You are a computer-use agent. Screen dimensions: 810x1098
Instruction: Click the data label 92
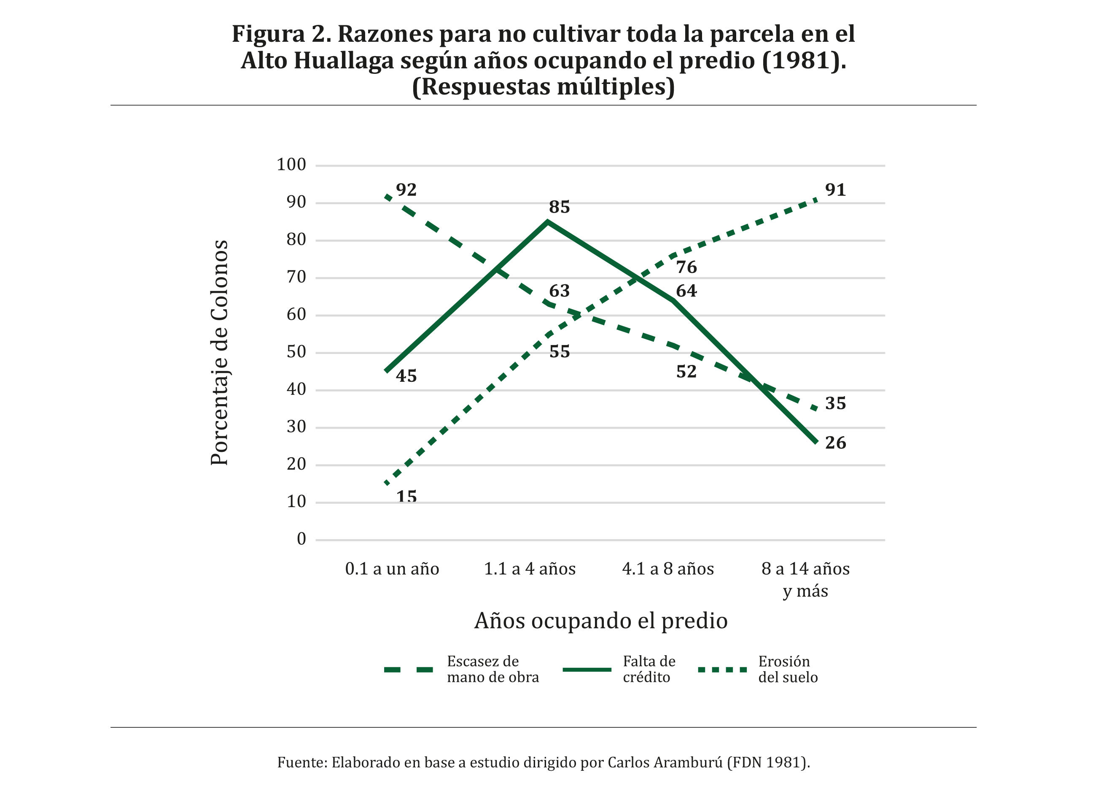[406, 190]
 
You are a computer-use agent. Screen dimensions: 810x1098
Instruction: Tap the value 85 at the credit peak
[559, 208]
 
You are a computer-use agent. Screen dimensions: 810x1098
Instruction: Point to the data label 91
[835, 190]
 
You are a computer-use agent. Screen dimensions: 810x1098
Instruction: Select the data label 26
[835, 443]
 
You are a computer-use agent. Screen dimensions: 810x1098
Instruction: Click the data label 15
[406, 497]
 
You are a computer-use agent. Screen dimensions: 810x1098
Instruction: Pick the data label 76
[686, 267]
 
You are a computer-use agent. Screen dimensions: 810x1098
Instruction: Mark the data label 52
[686, 372]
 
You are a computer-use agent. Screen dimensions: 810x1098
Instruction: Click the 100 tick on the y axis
[291, 165]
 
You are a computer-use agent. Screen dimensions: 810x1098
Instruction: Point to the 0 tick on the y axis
[301, 539]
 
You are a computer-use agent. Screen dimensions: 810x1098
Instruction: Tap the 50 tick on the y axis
[296, 352]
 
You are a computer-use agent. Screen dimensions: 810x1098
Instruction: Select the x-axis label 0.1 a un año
[392, 569]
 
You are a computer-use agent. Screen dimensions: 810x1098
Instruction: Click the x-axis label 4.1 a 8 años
[668, 569]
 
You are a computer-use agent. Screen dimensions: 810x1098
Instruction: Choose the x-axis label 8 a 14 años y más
[805, 580]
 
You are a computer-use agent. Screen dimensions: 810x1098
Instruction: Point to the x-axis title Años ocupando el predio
[601, 621]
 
